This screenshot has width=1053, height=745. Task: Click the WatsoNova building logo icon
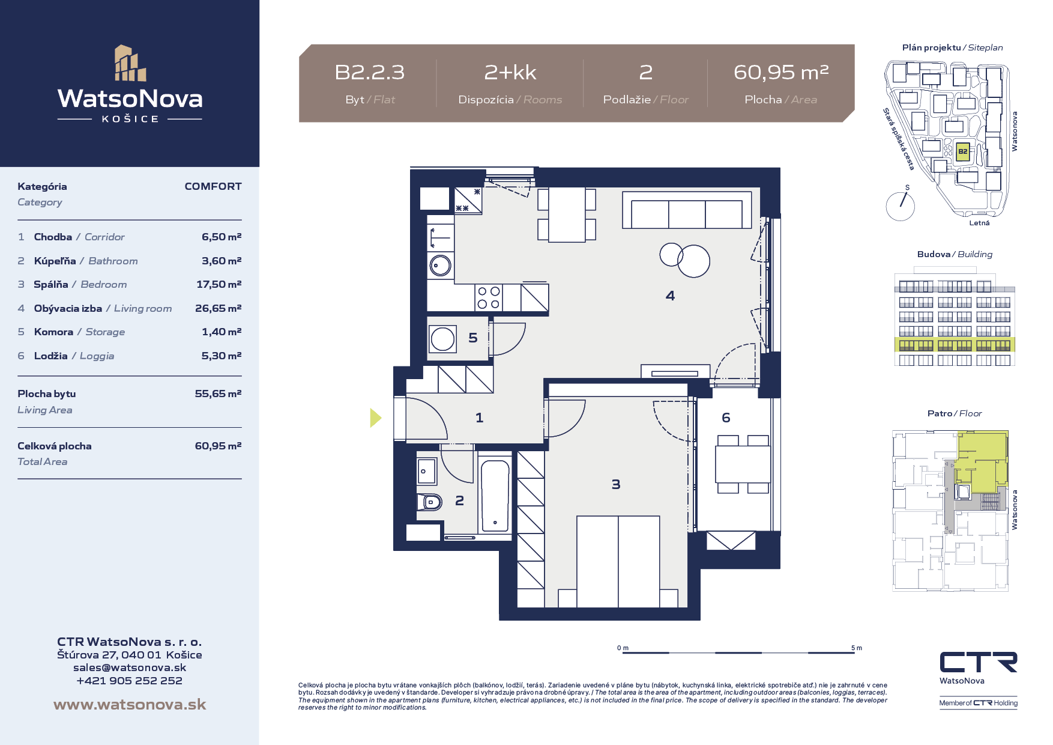(x=130, y=62)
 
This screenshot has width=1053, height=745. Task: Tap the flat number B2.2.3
(x=369, y=73)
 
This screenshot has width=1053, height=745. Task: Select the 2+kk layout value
(x=510, y=73)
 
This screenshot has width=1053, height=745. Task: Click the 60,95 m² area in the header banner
(x=781, y=72)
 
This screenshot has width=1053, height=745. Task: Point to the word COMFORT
(x=213, y=186)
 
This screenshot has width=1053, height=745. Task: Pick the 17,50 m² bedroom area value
(x=219, y=284)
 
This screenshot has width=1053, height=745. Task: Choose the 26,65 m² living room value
(x=218, y=308)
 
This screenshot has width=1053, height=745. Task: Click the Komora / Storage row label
(x=79, y=332)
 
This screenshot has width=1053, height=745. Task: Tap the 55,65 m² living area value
(x=218, y=394)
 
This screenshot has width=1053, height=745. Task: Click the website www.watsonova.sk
(x=130, y=704)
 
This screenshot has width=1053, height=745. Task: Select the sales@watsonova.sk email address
(x=130, y=667)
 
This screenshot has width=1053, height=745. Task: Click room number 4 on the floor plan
(x=670, y=296)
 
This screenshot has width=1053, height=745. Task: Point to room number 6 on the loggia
(x=726, y=418)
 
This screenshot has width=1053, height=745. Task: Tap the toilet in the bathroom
(x=429, y=501)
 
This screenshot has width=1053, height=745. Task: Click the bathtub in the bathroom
(x=495, y=496)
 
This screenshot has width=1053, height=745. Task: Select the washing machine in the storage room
(x=442, y=339)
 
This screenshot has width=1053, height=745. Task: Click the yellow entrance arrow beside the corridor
(x=376, y=418)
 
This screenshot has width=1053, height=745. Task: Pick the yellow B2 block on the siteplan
(x=962, y=151)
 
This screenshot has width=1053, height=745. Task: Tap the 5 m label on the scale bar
(x=856, y=648)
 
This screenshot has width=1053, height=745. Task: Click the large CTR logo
(x=979, y=662)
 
